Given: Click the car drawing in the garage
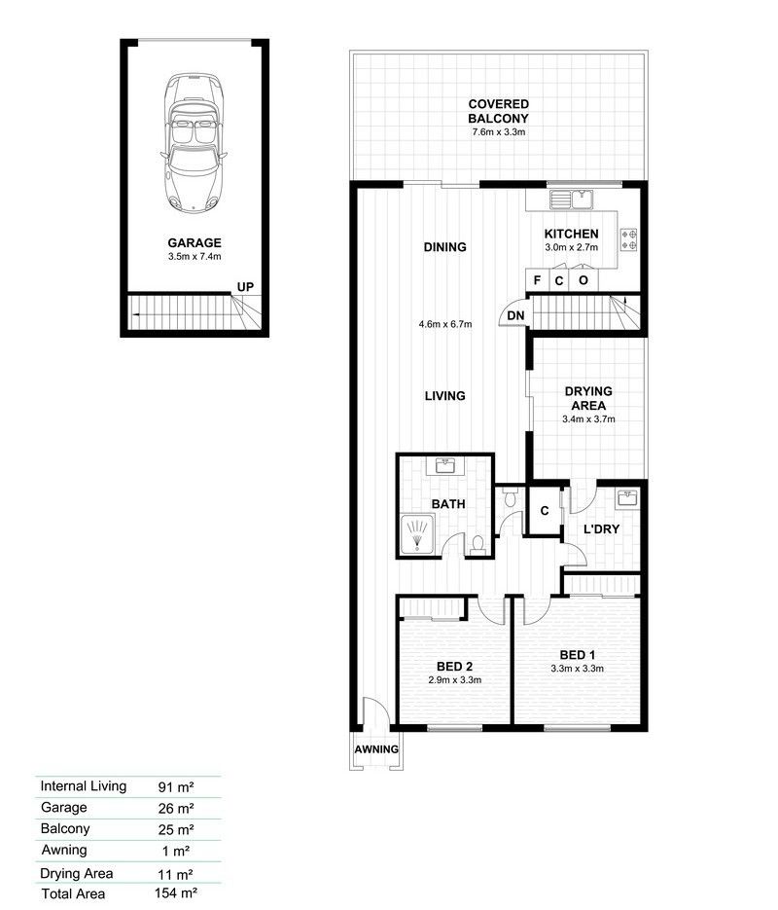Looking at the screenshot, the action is coord(194,143).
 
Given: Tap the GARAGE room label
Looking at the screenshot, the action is coord(194,242).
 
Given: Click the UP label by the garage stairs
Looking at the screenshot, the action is coord(245,287).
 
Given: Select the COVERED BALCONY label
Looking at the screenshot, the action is coord(499,111).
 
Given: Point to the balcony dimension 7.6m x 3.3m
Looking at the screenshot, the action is coord(499,131).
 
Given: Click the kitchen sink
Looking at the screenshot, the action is coord(571,200).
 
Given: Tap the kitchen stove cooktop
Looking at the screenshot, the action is coord(629,239).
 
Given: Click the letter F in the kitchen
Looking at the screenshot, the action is coord(537,280).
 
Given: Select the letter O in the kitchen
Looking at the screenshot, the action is coord(583,280).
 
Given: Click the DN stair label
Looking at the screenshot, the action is coord(515,315).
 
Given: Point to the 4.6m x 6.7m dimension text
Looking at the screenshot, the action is coord(445,324).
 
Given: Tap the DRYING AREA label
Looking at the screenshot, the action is coord(588,398).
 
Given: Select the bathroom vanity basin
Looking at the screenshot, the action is coord(445,466).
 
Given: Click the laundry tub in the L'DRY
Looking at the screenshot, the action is coord(627,498).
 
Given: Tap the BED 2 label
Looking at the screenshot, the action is coord(454,667).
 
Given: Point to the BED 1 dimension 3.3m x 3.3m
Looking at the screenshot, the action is coord(577,669).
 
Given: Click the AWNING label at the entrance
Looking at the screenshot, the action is coord(376,749).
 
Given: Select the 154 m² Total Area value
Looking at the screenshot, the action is coord(176,892).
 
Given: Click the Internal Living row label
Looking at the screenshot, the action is coord(84,785).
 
